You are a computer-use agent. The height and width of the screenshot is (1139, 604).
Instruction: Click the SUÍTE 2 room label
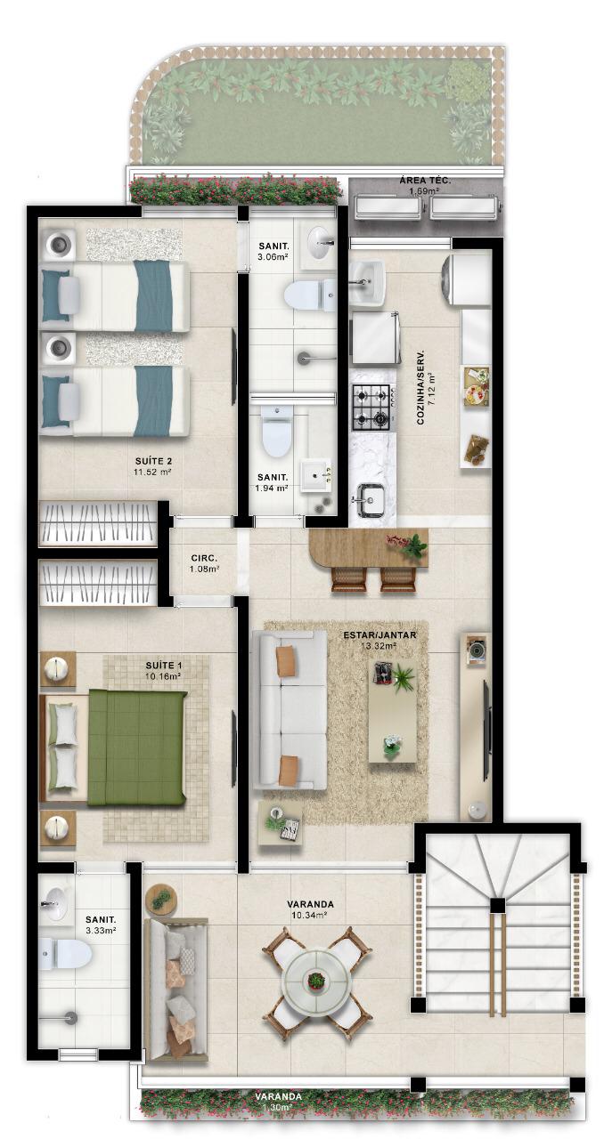click(x=153, y=461)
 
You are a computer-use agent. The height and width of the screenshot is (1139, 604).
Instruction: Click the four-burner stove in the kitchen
click(x=371, y=405)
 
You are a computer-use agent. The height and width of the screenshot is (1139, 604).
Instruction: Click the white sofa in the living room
click(x=290, y=710)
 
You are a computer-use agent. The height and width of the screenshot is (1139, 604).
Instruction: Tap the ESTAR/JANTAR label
click(x=380, y=635)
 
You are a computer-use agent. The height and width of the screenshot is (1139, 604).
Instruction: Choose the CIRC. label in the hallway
click(x=204, y=558)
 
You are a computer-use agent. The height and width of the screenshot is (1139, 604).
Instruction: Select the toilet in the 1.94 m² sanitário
click(x=275, y=430)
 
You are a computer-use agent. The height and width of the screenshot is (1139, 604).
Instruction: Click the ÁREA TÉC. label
click(x=425, y=180)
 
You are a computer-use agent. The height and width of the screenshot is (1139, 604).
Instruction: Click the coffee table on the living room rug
click(x=393, y=711)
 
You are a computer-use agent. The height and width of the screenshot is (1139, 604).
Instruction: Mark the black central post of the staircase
click(x=497, y=905)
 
